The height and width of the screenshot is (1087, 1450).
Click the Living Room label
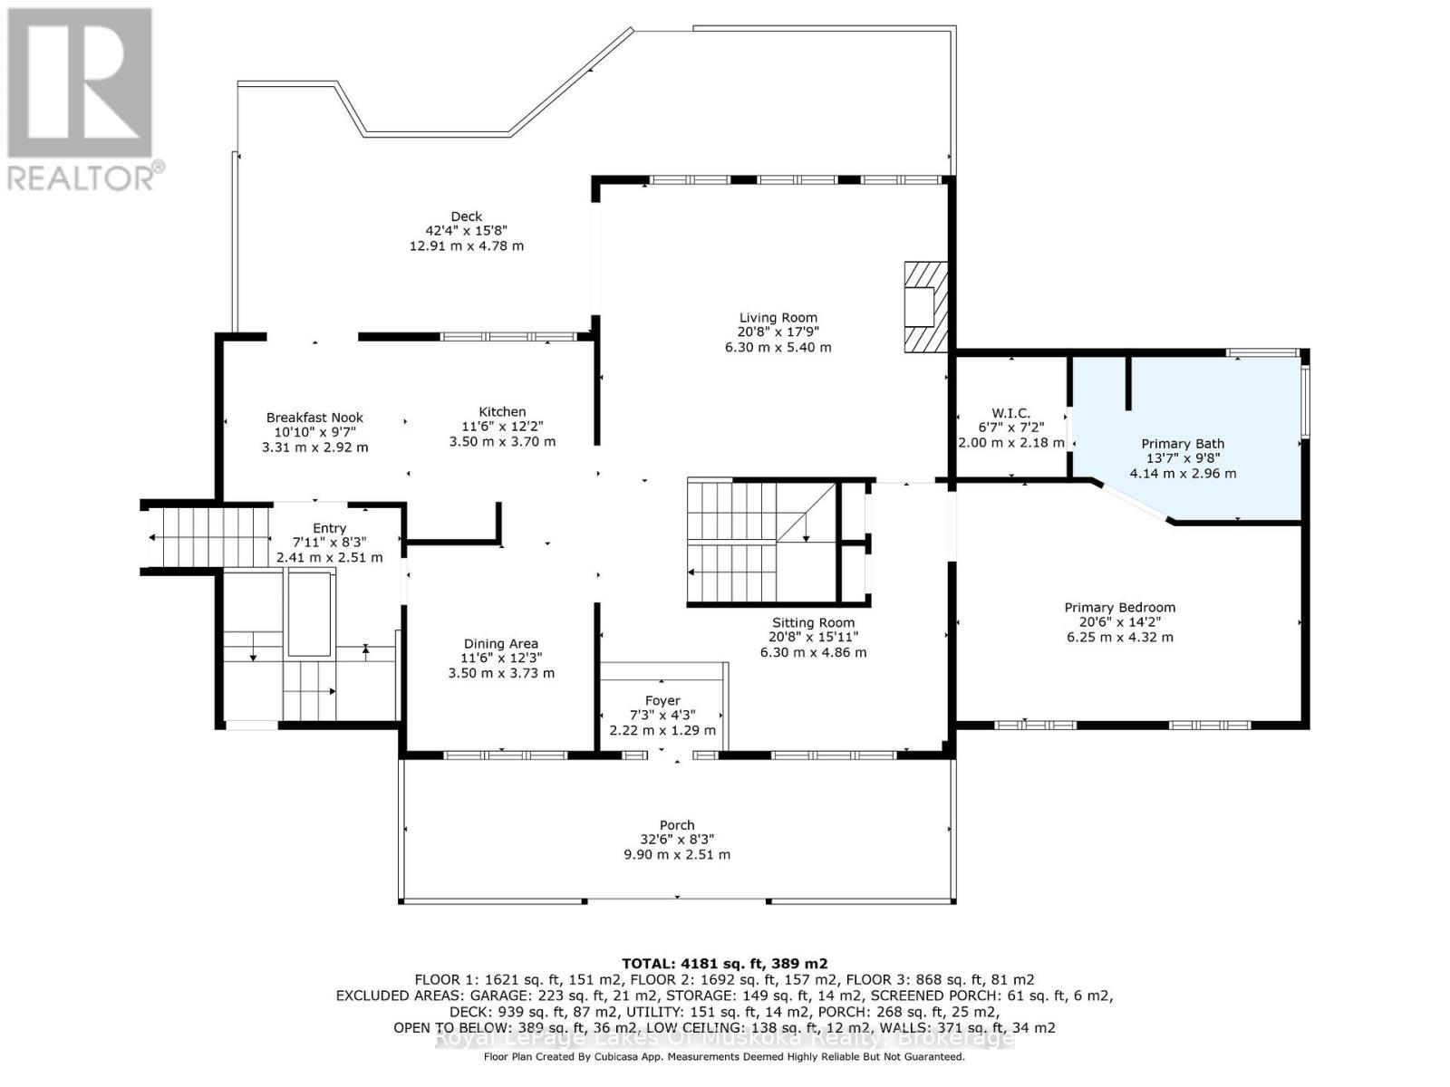pos(778,318)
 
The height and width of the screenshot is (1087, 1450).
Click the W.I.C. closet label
pos(1010,413)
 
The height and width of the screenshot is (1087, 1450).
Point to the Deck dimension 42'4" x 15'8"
pos(467,231)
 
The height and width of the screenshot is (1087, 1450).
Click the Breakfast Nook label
pos(314,418)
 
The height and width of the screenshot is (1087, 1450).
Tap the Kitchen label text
pos(502,412)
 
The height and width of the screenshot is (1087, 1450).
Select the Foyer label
pos(662,700)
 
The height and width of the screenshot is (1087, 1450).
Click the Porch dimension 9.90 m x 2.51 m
pos(677,854)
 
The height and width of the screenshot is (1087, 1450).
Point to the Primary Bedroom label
pos(1119,608)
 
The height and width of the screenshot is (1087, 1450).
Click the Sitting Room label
pos(813,623)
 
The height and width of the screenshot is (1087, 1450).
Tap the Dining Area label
pos(501,644)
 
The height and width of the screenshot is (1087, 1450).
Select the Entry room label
pos(329,528)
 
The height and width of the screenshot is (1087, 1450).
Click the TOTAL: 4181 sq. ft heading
pos(724,963)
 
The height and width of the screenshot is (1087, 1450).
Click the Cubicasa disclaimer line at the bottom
pos(724,1056)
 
